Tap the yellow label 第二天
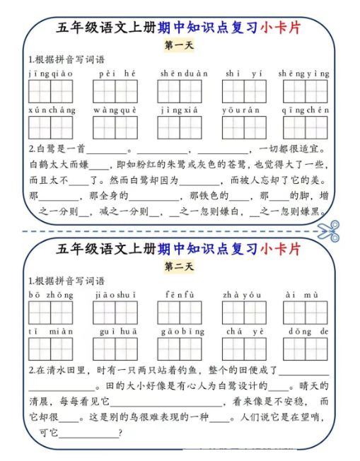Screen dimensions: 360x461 pos(178,267)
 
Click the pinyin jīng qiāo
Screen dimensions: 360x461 pos(50,73)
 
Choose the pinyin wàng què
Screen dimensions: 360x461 pos(115,110)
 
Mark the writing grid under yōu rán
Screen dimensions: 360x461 pos(243,128)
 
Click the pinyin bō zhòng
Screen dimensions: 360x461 pos(50,295)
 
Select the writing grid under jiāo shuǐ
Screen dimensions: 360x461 pos(115,313)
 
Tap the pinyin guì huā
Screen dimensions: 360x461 pos(115,331)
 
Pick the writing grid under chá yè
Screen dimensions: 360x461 pos(243,349)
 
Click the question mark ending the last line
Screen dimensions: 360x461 pos(121,433)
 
